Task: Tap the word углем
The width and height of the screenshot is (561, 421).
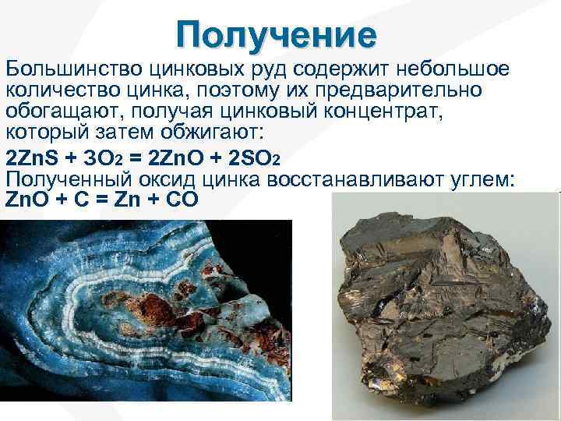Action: pyautogui.click(x=482, y=179)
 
